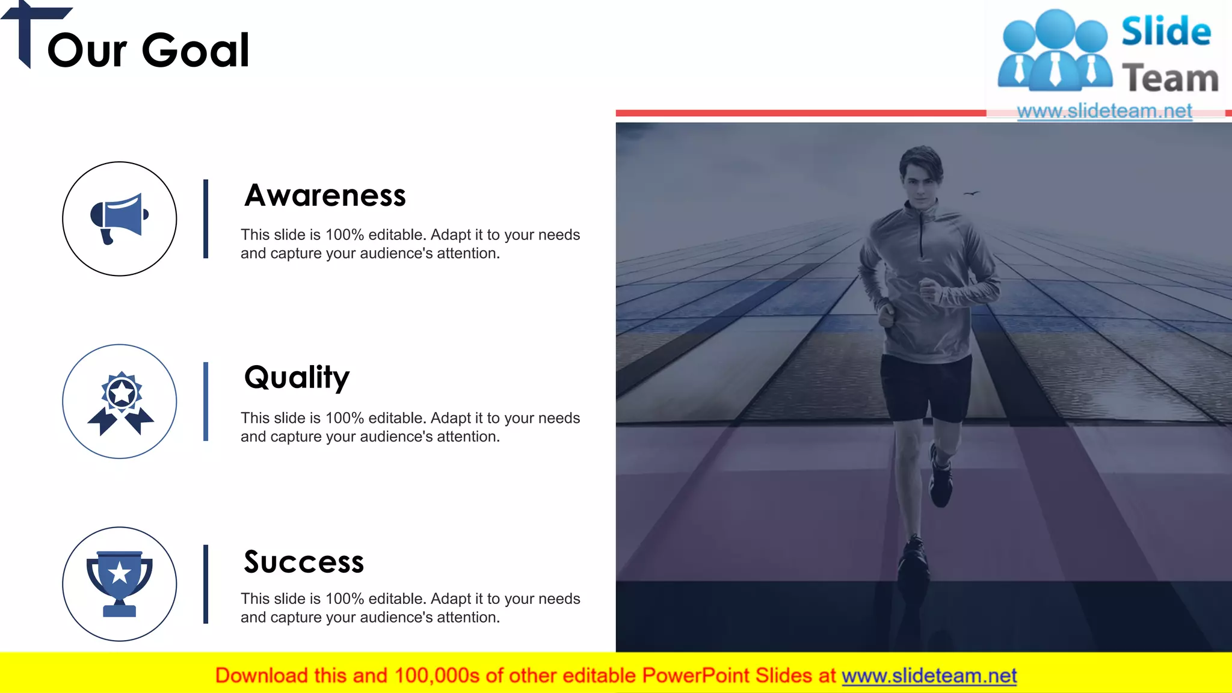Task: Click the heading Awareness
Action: pos(325,196)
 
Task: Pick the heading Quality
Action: pos(297,378)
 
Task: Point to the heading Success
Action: pos(304,562)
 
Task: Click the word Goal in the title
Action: pos(196,50)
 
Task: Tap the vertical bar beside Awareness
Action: pos(206,219)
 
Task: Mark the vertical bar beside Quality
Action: pos(206,401)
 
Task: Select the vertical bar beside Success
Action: pos(206,584)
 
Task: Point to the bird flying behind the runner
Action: pos(971,193)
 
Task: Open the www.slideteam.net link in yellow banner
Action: pos(929,676)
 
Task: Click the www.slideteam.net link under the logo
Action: pos(1104,111)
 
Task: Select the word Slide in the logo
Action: pos(1165,32)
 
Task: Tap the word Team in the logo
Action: pos(1170,79)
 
